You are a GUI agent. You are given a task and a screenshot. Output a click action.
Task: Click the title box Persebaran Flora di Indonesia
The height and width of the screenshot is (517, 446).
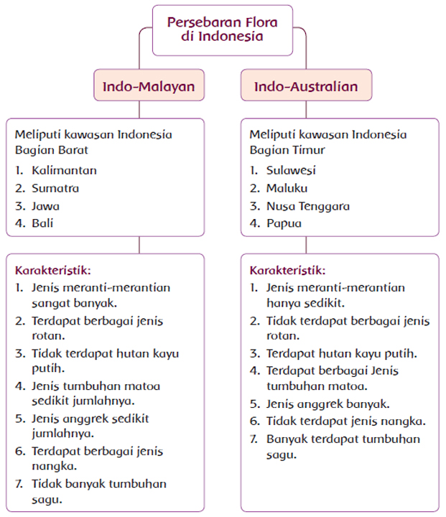pyautogui.click(x=223, y=29)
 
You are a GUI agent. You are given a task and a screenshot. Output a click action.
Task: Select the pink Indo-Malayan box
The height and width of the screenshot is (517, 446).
pyautogui.click(x=149, y=87)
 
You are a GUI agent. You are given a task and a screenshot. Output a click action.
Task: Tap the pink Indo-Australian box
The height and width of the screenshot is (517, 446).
pyautogui.click(x=306, y=87)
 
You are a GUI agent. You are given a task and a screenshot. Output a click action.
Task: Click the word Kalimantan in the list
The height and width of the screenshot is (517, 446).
pyautogui.click(x=64, y=170)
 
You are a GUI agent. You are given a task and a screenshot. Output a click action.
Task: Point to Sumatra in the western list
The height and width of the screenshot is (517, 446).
pyautogui.click(x=55, y=188)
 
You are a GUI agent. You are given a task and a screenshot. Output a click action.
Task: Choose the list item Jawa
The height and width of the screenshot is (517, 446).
pyautogui.click(x=45, y=206)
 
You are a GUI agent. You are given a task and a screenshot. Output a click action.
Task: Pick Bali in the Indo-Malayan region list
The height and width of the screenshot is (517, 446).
pyautogui.click(x=42, y=223)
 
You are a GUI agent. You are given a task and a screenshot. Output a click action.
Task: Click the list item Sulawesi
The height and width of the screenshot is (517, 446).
pyautogui.click(x=291, y=170)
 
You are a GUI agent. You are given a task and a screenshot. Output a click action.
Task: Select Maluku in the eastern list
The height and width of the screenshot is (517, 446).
pyautogui.click(x=287, y=188)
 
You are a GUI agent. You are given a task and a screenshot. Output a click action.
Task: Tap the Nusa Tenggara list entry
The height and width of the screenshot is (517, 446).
pyautogui.click(x=308, y=206)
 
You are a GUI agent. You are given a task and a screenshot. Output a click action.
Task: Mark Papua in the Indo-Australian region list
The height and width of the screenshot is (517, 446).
pyautogui.click(x=284, y=223)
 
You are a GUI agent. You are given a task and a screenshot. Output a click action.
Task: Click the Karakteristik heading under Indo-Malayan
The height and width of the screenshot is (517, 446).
pyautogui.click(x=53, y=271)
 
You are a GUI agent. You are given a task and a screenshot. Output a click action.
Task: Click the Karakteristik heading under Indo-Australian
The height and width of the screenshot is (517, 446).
pyautogui.click(x=287, y=271)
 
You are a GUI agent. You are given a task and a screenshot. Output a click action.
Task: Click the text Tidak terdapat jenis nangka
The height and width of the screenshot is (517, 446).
pyautogui.click(x=346, y=421)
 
